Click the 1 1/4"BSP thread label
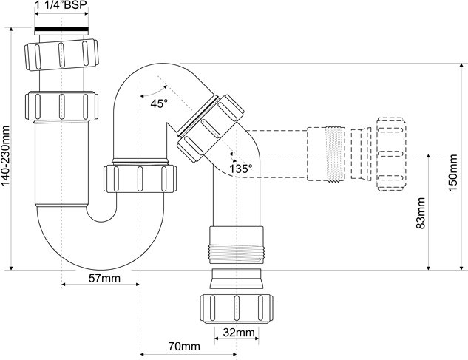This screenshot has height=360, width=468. coord(61,5)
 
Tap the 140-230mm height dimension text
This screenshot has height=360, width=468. coord(6,155)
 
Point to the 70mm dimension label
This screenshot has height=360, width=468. coord(184,347)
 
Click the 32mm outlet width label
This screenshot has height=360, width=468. coord(239,332)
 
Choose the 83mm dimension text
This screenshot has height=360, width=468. coord(421,213)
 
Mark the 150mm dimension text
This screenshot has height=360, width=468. coord(452,173)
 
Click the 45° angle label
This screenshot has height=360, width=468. coord(159,104)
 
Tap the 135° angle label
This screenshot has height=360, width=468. coord(241,169)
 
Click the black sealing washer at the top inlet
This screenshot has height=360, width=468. coord(61,30)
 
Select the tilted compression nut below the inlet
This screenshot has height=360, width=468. coord(61,54)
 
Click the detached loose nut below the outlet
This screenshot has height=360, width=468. coord(237,309)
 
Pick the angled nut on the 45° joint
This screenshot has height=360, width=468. coord(211,129)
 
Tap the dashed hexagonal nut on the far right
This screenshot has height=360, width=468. coord(392,154)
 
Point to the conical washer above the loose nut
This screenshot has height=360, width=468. coord(237,279)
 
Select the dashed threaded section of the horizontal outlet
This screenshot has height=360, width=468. coord(327,154)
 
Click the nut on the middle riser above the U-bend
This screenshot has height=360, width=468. coord(140,178)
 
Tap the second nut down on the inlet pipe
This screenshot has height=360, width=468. coord(61,106)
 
